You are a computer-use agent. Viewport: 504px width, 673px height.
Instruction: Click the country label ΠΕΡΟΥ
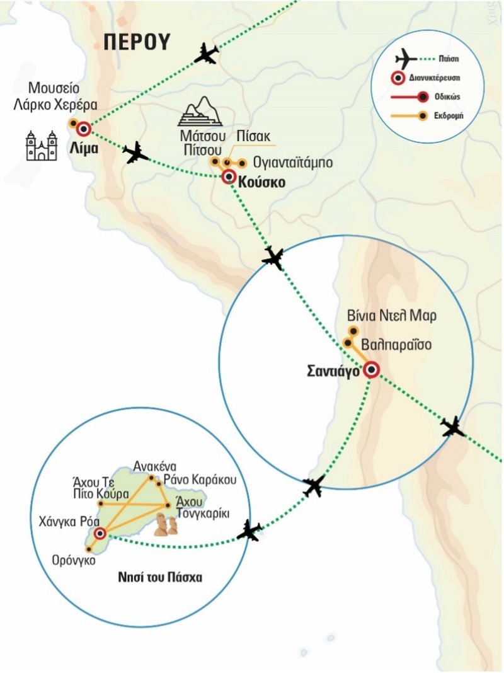coord(137,42)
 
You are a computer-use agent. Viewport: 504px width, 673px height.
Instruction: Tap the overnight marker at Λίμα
coord(83,130)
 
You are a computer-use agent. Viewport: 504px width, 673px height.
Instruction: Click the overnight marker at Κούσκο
coord(229,177)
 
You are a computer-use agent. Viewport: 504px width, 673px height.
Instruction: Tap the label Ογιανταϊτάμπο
coord(292,163)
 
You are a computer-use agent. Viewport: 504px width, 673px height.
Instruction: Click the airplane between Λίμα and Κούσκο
coord(135,153)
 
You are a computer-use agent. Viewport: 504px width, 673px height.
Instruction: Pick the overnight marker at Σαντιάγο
coord(372,371)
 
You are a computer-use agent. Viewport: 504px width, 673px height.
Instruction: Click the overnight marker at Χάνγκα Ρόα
coord(100,534)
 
